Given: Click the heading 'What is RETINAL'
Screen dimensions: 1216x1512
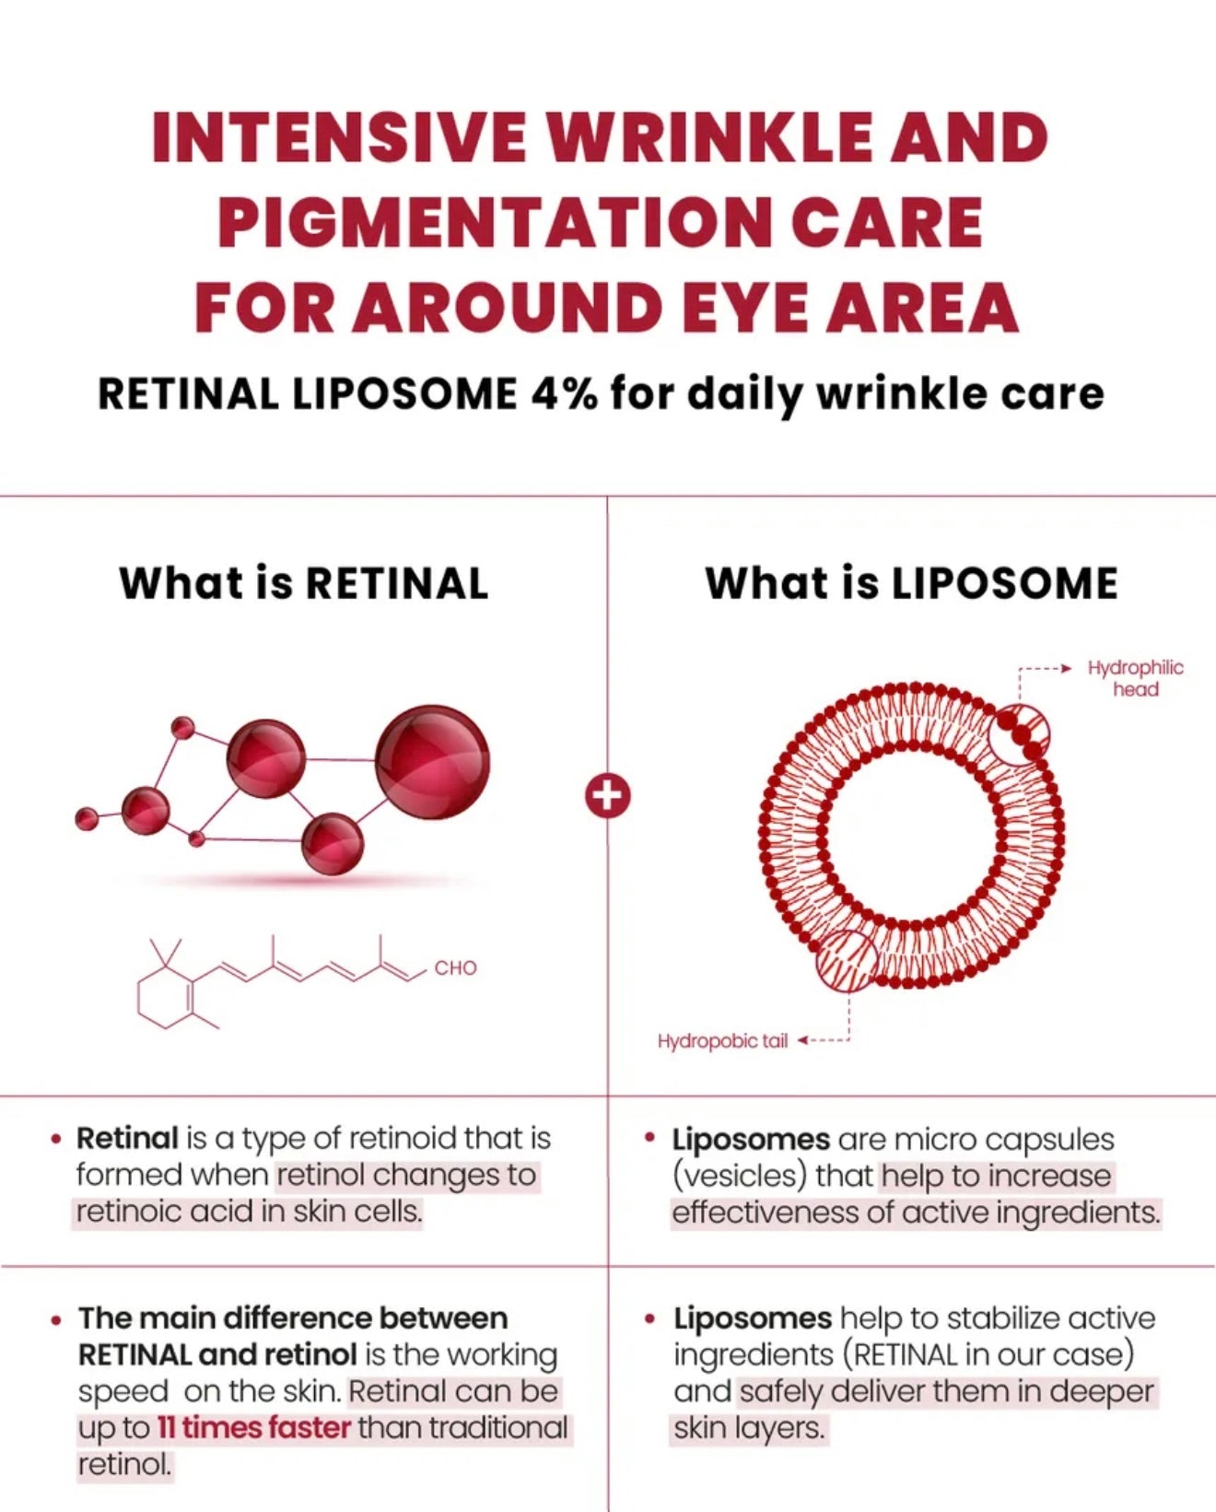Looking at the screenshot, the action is coord(303,583).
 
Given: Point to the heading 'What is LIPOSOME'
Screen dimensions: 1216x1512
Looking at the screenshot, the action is coord(911,583).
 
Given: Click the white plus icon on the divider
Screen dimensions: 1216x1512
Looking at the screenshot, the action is coord(608,796).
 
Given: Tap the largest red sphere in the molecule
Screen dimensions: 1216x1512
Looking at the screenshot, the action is coord(432,763).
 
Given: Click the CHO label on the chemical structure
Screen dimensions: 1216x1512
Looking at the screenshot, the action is coord(455,968).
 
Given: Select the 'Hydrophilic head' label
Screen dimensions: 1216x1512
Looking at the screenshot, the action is coord(1135,678).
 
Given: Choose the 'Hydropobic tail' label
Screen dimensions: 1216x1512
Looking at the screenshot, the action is coord(723,1040).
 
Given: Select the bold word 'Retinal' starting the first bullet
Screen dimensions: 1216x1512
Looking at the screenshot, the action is coord(127,1138).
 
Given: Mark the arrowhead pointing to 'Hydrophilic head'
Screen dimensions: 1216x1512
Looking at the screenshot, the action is coord(1067,668).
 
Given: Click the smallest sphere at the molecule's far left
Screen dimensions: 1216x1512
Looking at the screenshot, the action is coord(87,819).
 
